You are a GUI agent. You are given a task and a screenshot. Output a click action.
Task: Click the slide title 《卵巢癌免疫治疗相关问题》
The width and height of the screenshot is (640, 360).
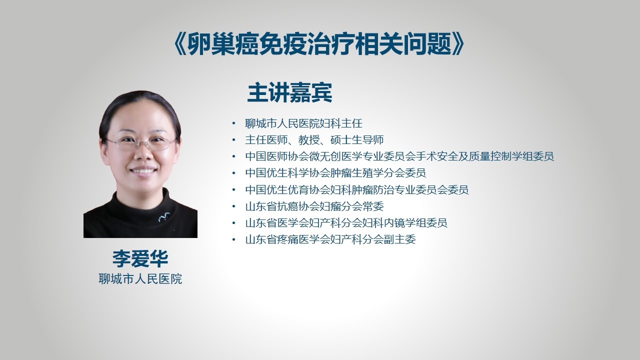(318, 44)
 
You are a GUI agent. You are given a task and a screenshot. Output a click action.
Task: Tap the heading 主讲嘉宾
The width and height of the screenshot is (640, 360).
(289, 92)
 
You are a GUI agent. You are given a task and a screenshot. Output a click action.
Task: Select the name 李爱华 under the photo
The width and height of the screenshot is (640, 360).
(140, 258)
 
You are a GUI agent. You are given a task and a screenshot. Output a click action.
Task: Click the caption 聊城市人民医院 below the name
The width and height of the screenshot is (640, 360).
(140, 279)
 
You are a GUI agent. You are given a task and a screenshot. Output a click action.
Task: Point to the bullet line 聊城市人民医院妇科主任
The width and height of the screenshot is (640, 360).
(303, 123)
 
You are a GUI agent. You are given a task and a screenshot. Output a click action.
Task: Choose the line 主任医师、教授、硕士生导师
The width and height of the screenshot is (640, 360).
(314, 140)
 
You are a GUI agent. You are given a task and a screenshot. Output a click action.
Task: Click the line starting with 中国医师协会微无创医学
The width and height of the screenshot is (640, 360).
(399, 156)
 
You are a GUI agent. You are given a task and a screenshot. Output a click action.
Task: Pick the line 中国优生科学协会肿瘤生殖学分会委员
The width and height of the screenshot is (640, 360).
(335, 173)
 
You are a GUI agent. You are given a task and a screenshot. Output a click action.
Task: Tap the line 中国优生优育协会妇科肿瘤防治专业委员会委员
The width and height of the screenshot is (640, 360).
(357, 189)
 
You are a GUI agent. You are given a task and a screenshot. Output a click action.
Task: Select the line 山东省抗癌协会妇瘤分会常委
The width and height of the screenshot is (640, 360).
(314, 206)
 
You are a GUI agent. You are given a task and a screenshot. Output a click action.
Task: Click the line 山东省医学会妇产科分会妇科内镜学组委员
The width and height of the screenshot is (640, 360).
(346, 222)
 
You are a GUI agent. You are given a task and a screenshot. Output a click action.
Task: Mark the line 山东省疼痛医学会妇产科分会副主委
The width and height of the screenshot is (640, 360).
(330, 239)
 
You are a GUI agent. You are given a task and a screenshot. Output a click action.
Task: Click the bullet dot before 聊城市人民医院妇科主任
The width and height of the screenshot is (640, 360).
(234, 123)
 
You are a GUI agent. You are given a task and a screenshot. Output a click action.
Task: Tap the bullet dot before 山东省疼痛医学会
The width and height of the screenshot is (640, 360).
(234, 239)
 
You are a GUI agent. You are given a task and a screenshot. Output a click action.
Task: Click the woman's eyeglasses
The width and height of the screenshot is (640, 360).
(141, 142)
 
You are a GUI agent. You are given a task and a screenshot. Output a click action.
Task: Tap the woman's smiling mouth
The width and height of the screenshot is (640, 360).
(143, 171)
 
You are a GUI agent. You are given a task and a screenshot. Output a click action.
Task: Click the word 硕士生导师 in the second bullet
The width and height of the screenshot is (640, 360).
(357, 140)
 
